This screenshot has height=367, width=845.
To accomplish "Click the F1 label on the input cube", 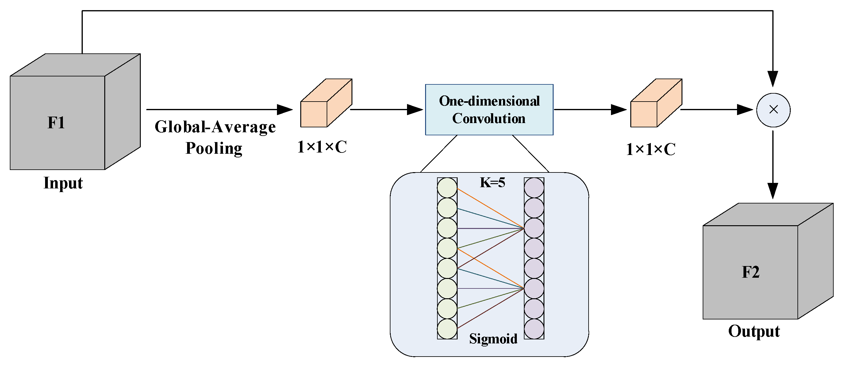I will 56,123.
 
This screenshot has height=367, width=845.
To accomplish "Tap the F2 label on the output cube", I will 751,272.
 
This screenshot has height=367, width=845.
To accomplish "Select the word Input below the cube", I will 63,183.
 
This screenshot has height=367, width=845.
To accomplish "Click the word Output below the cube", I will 754,331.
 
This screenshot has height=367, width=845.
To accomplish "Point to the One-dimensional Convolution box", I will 489,110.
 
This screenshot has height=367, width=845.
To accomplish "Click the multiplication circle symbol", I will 773,110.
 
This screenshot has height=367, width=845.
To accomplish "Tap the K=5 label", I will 492,183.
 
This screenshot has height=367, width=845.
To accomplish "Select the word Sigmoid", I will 493,338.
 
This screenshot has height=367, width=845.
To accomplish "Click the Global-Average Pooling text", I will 215,137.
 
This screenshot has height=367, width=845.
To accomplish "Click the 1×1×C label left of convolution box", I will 322,147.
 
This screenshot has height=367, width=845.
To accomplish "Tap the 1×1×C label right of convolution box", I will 651,149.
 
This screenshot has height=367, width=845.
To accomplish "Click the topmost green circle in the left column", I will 447,188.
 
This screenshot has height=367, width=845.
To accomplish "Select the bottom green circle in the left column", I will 447,329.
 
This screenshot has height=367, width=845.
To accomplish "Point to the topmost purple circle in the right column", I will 534,188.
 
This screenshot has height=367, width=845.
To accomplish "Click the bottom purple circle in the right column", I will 534,329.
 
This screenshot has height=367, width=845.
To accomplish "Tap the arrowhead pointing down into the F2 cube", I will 773,191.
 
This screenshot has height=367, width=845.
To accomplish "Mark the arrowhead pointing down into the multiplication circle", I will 773,79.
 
